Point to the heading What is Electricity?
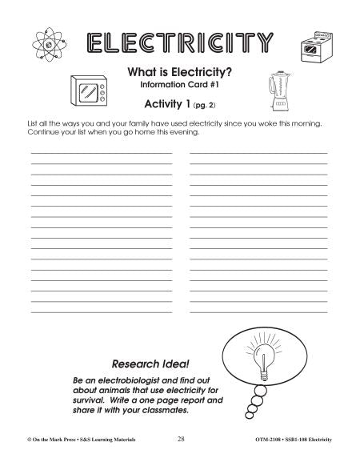click(180, 72)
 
